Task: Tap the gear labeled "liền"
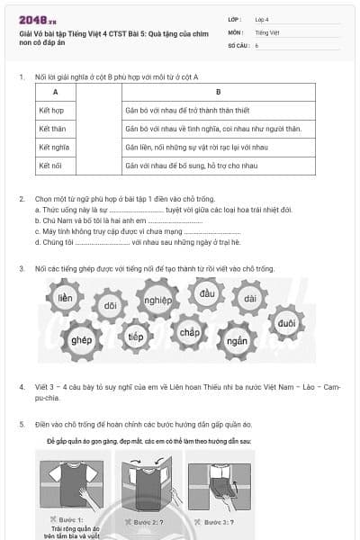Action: [x=65, y=298]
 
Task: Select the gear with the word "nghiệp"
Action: [x=157, y=300]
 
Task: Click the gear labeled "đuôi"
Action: [x=286, y=322]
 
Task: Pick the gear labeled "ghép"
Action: [x=81, y=340]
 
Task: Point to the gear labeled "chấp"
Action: [x=189, y=332]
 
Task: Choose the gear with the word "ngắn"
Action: [x=237, y=340]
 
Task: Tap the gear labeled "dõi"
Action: [x=110, y=306]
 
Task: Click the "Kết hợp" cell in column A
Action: [x=51, y=109]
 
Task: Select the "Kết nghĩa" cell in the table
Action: [x=53, y=147]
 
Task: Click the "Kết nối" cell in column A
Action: [x=50, y=166]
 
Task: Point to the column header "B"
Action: [x=218, y=92]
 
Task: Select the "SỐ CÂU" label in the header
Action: [x=238, y=44]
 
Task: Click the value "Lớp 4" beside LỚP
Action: [x=262, y=19]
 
